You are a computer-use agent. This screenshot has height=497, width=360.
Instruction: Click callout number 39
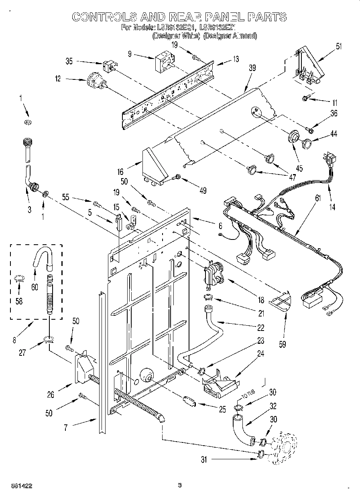252,69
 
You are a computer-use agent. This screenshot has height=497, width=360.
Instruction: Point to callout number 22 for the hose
261,328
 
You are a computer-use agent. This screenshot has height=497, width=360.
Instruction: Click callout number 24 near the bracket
261,354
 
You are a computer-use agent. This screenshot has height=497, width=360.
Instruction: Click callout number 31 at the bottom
205,460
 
